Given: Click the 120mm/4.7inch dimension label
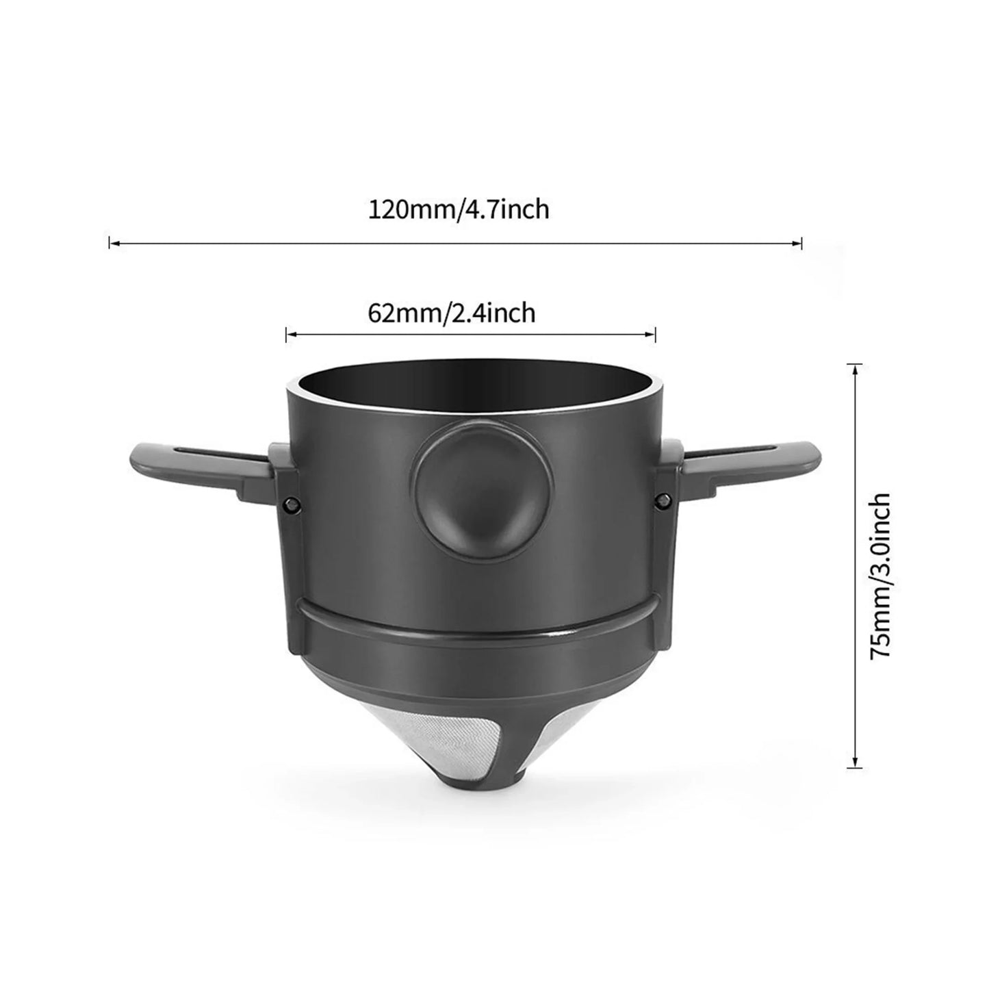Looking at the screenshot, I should click(x=459, y=209).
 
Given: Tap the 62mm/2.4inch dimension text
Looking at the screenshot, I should click(x=452, y=313).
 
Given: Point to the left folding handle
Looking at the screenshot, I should click(x=192, y=462).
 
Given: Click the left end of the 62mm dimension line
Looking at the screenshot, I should click(x=287, y=334).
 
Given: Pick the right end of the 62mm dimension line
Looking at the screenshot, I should click(x=655, y=334).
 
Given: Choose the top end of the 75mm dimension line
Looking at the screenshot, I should click(x=854, y=365).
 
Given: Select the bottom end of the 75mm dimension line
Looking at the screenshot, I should click(x=854, y=767).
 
